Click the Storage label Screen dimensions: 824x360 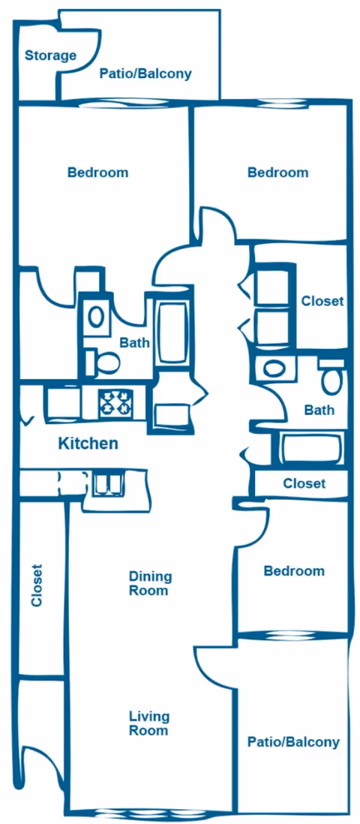[x=50, y=56]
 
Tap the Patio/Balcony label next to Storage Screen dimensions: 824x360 [x=145, y=74]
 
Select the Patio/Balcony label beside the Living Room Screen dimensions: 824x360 [x=293, y=742]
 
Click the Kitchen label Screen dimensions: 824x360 [x=88, y=444]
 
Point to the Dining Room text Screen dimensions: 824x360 [x=150, y=584]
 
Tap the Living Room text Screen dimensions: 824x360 [x=148, y=723]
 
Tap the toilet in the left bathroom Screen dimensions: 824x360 [x=104, y=363]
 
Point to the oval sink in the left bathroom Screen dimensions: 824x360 [x=96, y=316]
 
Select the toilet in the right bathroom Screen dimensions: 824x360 [x=331, y=379]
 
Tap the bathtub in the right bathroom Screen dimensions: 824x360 [x=311, y=449]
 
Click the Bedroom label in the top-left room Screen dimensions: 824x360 [x=97, y=173]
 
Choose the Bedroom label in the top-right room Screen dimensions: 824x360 [x=277, y=173]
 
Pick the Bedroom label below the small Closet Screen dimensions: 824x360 [x=294, y=571]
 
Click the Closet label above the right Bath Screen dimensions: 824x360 [x=322, y=301]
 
